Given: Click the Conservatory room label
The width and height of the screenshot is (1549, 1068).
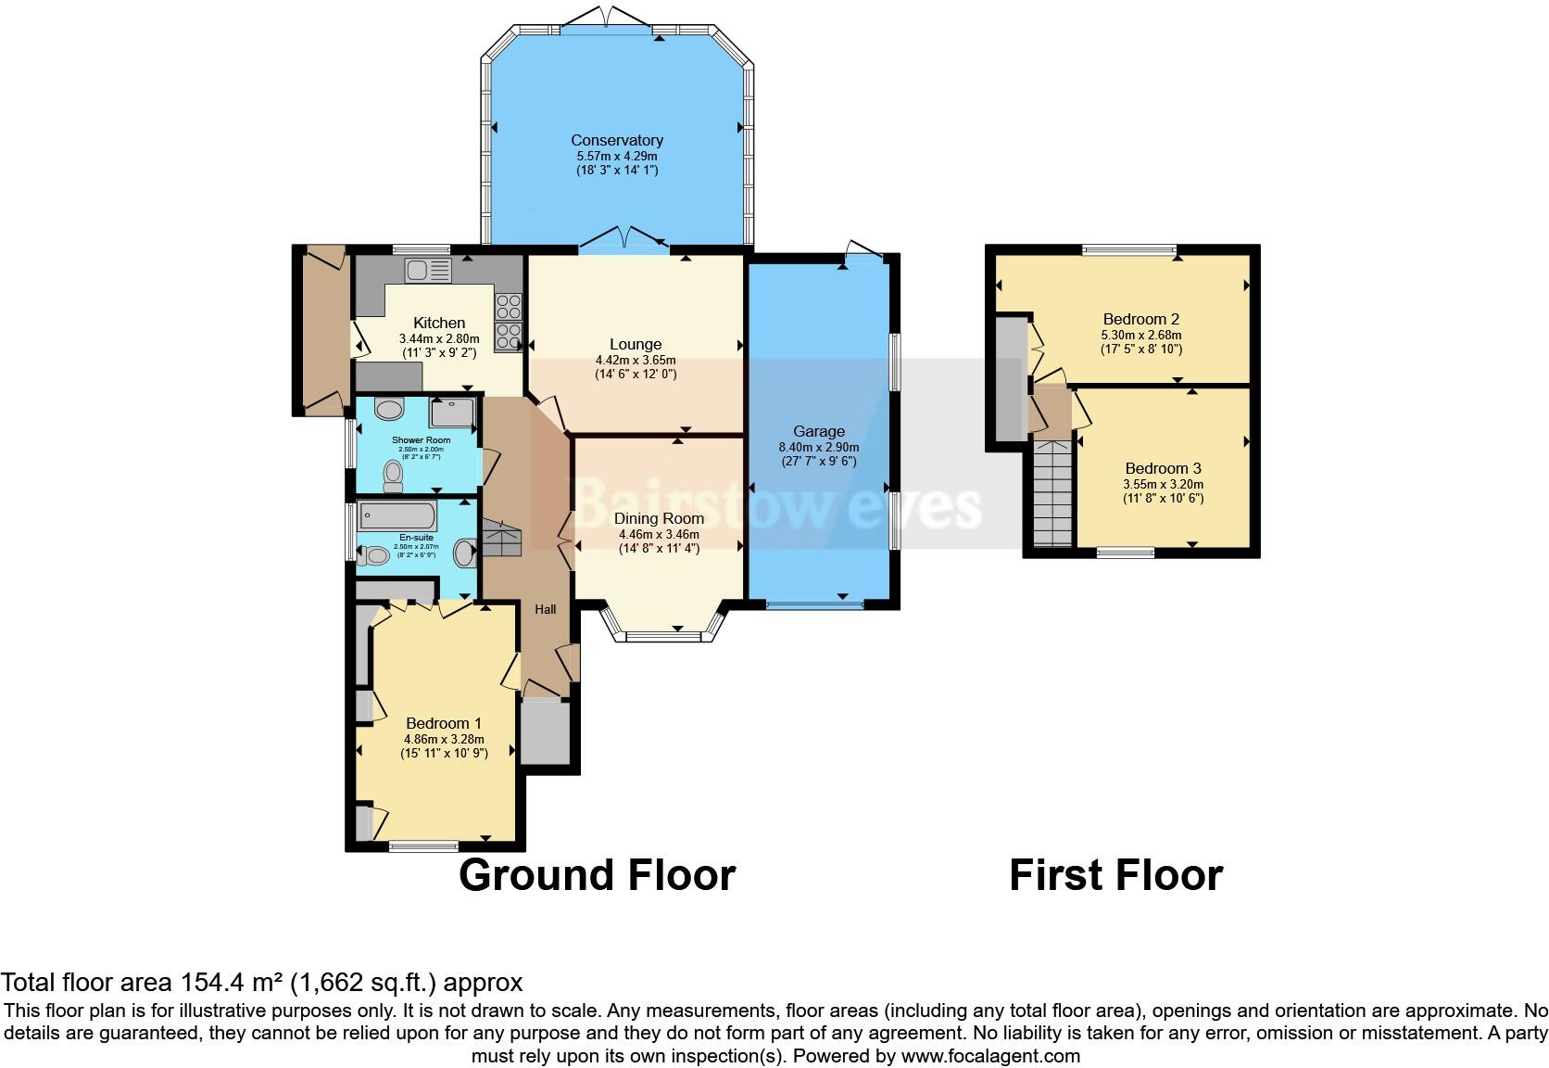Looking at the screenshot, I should pos(616,140).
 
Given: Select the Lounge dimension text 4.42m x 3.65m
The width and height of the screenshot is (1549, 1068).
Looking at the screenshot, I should pos(635,361).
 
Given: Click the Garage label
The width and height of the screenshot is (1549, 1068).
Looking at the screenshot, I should pos(818,431).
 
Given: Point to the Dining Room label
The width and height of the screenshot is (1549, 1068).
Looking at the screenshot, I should pos(659,518).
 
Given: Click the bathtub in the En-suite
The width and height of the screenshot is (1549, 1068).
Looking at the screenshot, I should pos(397,515).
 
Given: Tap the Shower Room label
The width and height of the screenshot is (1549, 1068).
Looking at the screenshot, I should pos(421,440).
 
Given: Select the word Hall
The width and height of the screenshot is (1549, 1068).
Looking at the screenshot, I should pos(545,609).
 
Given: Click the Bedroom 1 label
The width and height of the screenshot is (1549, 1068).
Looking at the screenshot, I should pos(444,723).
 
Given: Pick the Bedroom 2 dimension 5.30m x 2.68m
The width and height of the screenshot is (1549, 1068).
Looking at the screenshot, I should pos(1140,336).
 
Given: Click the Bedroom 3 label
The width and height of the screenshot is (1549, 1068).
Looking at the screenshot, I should pos(1163,468).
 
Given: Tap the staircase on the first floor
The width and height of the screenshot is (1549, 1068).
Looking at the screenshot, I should pos(1051,496).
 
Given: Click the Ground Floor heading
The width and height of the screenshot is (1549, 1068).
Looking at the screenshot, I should pos(597,875).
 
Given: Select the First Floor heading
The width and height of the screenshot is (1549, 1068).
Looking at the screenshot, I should pos(1115,875).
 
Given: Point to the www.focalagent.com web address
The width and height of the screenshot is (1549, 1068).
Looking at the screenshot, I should pos(990,1056).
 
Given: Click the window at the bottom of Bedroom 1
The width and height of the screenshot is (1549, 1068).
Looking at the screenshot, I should pos(423,845).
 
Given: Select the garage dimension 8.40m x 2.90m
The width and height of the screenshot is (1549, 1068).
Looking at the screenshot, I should pos(818,447).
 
